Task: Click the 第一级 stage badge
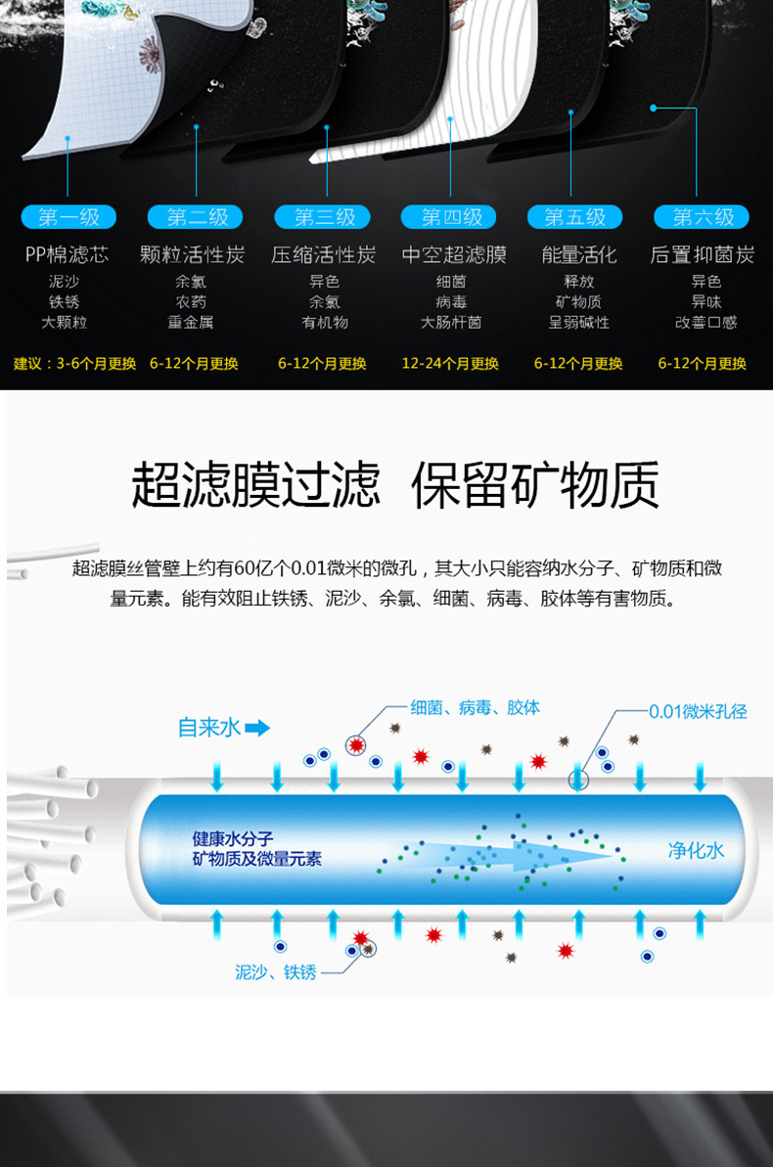68,217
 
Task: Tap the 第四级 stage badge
452,217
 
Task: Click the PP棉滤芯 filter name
67,255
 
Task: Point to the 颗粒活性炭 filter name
192,255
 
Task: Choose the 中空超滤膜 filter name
454,255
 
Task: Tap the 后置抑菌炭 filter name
703,255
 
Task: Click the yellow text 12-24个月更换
450,364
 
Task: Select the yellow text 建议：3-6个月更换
75,364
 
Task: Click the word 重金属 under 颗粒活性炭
191,322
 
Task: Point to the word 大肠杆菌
451,322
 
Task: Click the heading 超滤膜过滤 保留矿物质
395,484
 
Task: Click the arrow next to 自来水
257,728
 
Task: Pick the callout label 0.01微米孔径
698,711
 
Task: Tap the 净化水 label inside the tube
696,850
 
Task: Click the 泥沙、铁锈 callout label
276,972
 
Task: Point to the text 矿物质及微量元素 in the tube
257,860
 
